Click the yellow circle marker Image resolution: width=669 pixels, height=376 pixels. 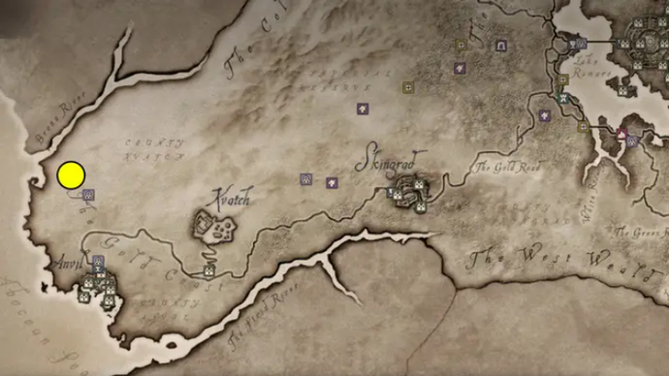71,175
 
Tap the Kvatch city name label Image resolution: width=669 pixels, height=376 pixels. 230,200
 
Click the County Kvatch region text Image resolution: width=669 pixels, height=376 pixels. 154,149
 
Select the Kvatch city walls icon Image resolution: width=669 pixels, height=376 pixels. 215,230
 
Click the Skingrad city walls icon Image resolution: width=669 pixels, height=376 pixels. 410,194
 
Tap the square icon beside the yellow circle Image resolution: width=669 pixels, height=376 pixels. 88,195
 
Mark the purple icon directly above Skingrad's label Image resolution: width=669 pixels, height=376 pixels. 363,110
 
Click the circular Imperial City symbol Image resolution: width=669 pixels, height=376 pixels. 644,45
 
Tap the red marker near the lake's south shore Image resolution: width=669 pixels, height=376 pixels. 621,132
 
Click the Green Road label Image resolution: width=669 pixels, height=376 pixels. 641,233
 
